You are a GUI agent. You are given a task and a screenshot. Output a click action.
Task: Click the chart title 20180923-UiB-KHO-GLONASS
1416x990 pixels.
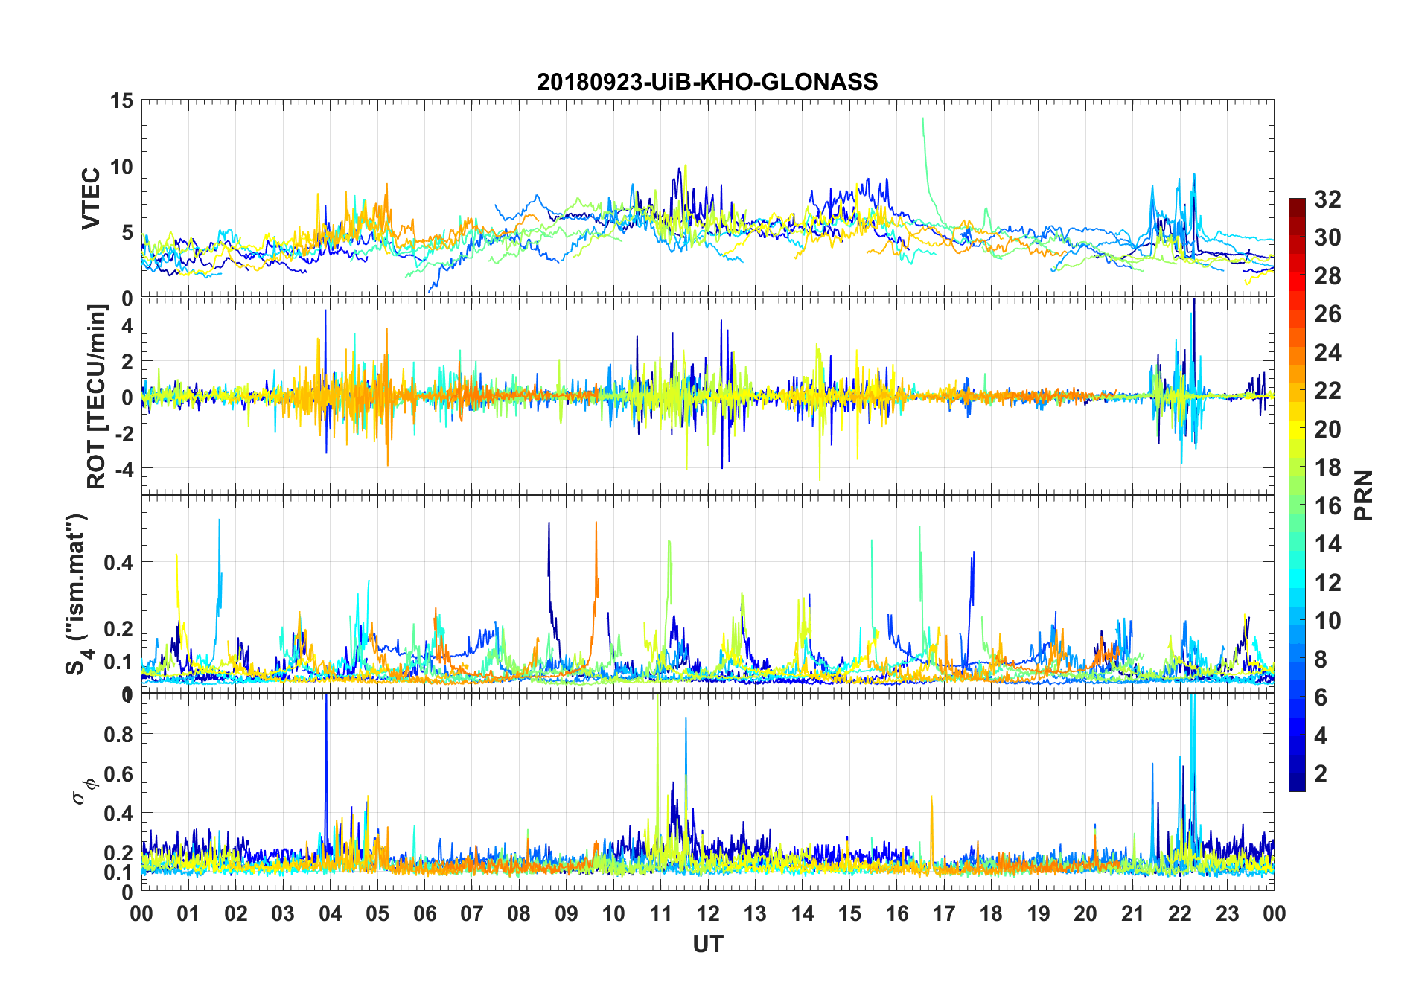point(707,82)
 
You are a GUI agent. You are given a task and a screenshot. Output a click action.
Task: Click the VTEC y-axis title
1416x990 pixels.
point(91,199)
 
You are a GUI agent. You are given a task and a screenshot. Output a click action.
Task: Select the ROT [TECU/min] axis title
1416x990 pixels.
point(97,396)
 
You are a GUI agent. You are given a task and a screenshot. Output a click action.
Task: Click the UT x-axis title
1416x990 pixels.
point(707,945)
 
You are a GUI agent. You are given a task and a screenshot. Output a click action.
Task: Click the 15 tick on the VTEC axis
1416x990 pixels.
point(121,101)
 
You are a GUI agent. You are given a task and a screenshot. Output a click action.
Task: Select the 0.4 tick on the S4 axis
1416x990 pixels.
point(118,563)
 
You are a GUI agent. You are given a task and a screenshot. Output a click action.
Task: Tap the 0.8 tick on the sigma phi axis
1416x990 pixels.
point(118,735)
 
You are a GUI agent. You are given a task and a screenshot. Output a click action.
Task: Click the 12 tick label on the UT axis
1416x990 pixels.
point(707,914)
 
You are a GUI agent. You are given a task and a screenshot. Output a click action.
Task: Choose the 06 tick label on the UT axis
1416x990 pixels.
point(424,914)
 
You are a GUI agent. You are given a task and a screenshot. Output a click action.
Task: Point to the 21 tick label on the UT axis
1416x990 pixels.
point(1132,914)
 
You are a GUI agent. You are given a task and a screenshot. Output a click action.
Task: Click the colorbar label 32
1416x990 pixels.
point(1327,199)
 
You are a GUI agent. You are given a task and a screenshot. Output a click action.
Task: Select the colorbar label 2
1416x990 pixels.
point(1321,774)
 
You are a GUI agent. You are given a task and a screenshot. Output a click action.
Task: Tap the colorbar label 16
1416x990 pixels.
point(1327,506)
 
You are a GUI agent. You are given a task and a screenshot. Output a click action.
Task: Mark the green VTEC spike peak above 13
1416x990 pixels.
point(923,119)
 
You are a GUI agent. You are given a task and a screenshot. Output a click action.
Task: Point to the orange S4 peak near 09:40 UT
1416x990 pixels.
point(596,523)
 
